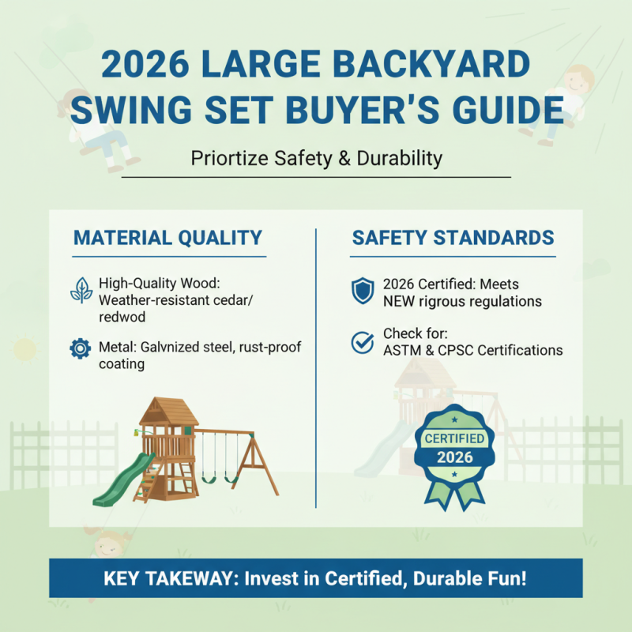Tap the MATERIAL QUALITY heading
click(x=167, y=238)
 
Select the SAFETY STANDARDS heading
click(x=453, y=238)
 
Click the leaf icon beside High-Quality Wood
click(x=81, y=290)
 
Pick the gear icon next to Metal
click(x=81, y=348)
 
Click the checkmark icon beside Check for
click(x=362, y=342)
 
